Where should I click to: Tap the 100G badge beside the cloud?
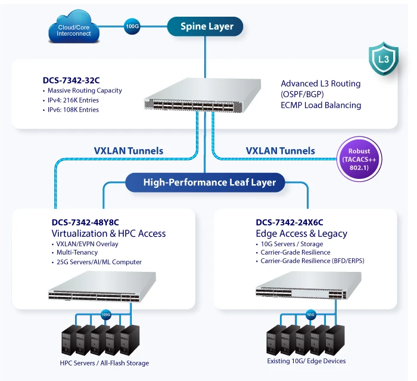[132, 26]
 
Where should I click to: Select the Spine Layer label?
[207, 26]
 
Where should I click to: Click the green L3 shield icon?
[384, 59]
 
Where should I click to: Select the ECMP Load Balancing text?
[320, 106]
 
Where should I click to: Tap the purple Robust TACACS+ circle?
[360, 160]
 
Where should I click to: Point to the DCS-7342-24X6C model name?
[290, 223]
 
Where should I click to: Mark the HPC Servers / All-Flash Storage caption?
[104, 363]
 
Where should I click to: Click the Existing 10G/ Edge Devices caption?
[306, 361]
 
